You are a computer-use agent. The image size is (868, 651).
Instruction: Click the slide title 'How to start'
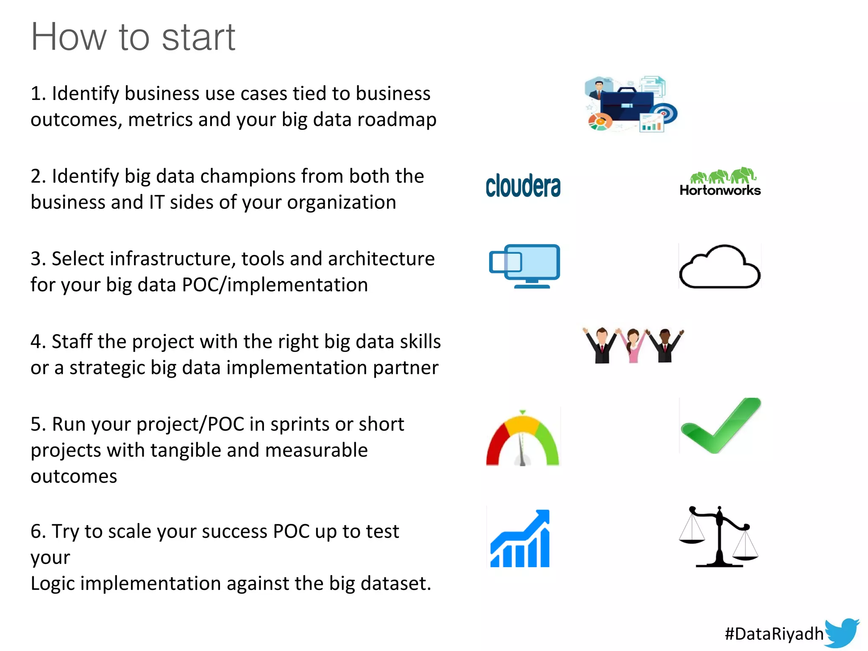[x=133, y=37]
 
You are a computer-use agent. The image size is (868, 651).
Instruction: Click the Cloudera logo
[x=523, y=186]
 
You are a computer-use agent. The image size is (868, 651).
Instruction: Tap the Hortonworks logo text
[x=720, y=190]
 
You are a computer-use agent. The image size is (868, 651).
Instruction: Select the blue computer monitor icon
[x=526, y=266]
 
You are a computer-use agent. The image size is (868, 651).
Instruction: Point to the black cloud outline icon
[x=720, y=267]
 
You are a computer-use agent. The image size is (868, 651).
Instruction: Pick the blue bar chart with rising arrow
[x=520, y=540]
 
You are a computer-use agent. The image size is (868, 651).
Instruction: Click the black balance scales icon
[x=718, y=537]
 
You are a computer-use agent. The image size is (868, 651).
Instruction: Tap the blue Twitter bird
[x=842, y=632]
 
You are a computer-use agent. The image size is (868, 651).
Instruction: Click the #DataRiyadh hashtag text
[x=774, y=634]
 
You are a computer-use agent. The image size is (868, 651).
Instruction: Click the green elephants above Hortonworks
[x=723, y=175]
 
